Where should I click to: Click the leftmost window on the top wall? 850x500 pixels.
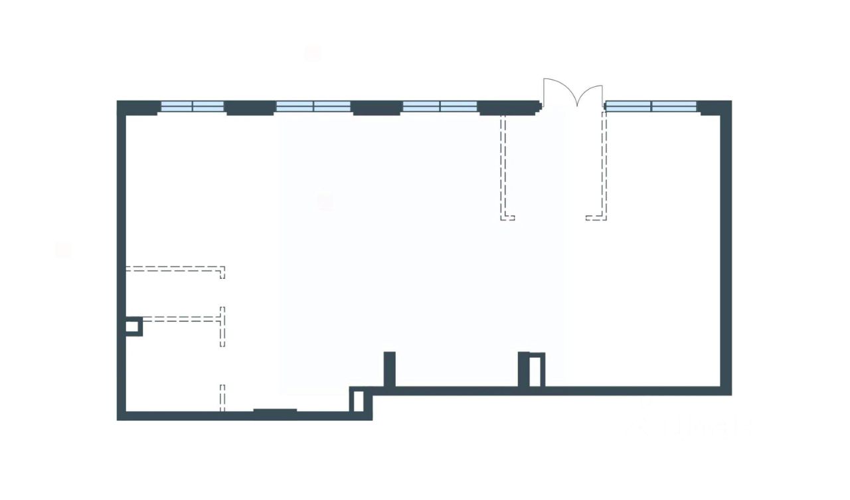click(x=193, y=106)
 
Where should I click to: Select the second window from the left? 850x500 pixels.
click(x=313, y=106)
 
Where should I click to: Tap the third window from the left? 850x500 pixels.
click(x=440, y=106)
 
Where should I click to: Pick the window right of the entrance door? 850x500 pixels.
click(x=651, y=106)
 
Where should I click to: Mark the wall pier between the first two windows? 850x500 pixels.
click(x=250, y=108)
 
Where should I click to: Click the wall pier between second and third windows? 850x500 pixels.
click(x=377, y=108)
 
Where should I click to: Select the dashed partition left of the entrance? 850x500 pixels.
click(x=504, y=166)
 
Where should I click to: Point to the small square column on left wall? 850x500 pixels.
click(x=133, y=326)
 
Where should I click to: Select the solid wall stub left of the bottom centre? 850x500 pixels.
click(x=390, y=369)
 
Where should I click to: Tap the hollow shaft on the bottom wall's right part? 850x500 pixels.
click(x=535, y=370)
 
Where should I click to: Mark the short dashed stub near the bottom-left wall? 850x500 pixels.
click(x=222, y=397)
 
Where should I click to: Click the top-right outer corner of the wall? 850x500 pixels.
click(x=730, y=102)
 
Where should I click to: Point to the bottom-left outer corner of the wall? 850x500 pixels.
click(x=118, y=419)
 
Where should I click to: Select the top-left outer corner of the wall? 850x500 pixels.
click(x=118, y=102)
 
